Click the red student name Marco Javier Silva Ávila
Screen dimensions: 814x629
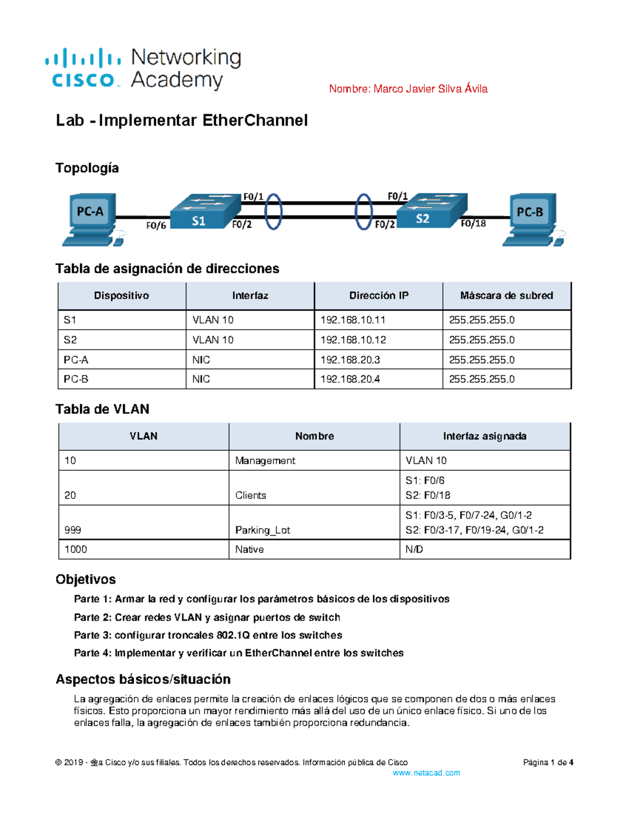click(x=408, y=89)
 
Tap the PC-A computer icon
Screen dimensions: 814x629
click(x=91, y=218)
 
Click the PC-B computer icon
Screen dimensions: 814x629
click(x=531, y=218)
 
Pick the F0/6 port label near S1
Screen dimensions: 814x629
click(x=156, y=226)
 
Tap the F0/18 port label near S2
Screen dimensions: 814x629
click(x=473, y=224)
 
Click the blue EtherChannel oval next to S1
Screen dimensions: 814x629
click(x=273, y=212)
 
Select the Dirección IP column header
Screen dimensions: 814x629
click(x=378, y=296)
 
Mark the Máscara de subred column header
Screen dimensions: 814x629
click(x=506, y=296)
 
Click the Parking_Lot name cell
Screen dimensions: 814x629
click(x=262, y=530)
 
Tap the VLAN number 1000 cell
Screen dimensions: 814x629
click(x=75, y=549)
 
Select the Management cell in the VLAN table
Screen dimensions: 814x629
click(x=265, y=461)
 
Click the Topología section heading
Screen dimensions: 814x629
click(x=87, y=168)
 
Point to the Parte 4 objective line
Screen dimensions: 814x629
click(x=238, y=653)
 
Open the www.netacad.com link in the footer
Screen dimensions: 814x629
click(x=426, y=773)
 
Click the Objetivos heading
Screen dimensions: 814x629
click(x=85, y=579)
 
